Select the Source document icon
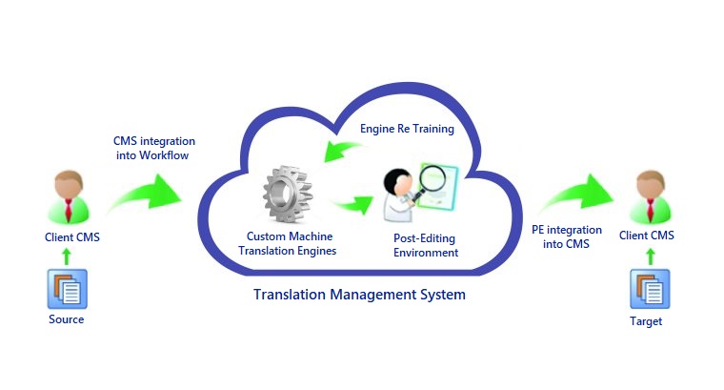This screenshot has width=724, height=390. pyautogui.click(x=67, y=288)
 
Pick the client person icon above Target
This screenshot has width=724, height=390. pyautogui.click(x=651, y=196)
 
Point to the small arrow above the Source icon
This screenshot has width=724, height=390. pyautogui.click(x=66, y=255)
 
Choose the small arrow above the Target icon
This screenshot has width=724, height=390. pyautogui.click(x=651, y=255)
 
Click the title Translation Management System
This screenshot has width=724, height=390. pyautogui.click(x=359, y=295)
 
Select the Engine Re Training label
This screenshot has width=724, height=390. pyautogui.click(x=406, y=128)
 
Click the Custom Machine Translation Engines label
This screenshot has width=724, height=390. pyautogui.click(x=292, y=243)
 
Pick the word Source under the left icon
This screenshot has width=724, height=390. pyautogui.click(x=67, y=319)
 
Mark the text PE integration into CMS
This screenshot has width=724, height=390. pyautogui.click(x=566, y=236)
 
